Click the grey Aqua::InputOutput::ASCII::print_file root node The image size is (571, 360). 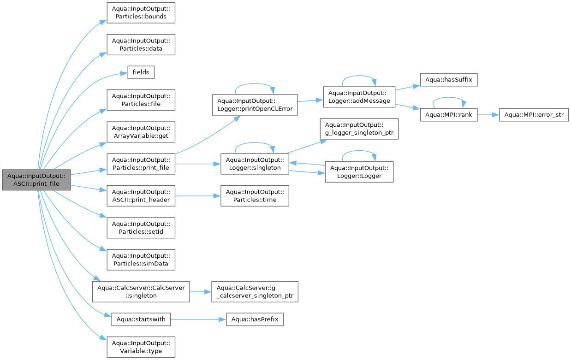36,180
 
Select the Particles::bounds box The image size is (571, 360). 141,13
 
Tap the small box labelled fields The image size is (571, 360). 141,72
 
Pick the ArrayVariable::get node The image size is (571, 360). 141,132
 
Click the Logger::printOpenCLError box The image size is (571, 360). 255,105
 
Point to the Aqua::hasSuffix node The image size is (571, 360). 449,80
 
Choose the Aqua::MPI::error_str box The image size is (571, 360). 534,115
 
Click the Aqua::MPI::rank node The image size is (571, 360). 449,115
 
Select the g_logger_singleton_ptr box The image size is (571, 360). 359,129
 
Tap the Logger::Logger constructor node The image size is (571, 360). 359,172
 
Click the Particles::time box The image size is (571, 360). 255,196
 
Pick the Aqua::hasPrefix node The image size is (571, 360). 255,319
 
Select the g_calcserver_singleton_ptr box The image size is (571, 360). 255,292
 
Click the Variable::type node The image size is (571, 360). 141,347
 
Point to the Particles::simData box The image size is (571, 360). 141,260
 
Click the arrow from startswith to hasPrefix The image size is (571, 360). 198,319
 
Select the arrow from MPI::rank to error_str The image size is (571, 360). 488,115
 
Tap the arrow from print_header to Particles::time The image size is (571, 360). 198,196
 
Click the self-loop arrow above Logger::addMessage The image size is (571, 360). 359,76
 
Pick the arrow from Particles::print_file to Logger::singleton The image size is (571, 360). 198,164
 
